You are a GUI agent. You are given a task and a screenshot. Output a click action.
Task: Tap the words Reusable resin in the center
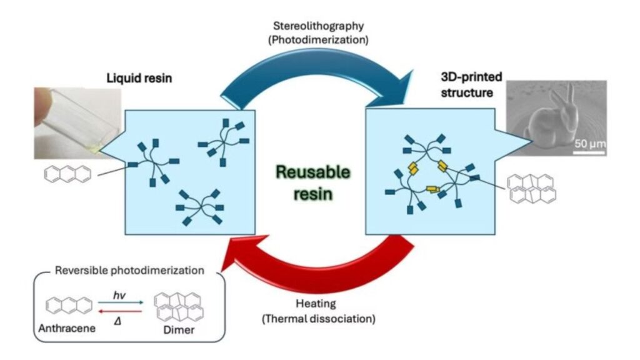pos(313,182)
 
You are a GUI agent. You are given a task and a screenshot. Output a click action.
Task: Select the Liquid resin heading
pos(139,78)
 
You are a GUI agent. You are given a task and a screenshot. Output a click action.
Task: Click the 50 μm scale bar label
pos(590,144)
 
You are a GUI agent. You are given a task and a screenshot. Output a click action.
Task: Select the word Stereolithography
pos(318,26)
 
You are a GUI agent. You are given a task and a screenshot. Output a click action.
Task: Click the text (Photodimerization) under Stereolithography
pos(318,40)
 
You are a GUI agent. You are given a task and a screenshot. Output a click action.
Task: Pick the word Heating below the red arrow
pos(316,304)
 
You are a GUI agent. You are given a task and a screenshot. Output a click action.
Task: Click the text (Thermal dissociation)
pos(318,318)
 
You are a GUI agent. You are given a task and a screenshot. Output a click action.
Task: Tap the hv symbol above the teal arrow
pos(119,295)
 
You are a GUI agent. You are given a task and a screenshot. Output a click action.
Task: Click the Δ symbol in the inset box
pos(117,321)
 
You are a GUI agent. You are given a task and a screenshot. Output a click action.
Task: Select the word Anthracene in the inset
pos(67,328)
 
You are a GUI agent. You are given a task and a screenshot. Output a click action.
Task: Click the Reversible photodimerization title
pos(129,270)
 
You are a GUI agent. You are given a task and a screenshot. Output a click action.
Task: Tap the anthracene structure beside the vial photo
pos(67,174)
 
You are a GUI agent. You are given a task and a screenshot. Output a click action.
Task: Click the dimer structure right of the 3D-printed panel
pos(531,189)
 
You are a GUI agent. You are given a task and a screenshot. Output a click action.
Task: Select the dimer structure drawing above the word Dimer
pos(179,307)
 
